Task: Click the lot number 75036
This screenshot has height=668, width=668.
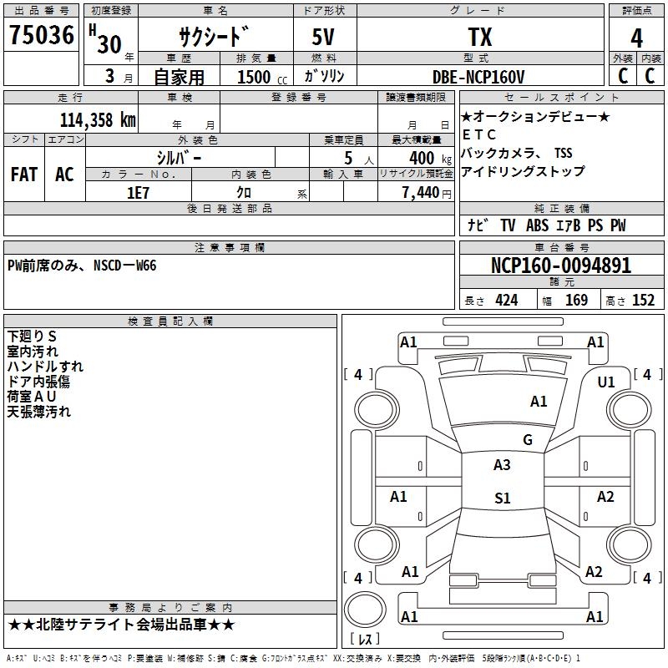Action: point(41,37)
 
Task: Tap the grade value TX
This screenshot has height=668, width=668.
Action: point(479,38)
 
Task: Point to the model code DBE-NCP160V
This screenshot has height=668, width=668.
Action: point(478,77)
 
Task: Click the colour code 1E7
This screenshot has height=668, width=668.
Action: point(138,192)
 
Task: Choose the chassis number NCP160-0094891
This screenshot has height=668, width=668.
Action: point(560,266)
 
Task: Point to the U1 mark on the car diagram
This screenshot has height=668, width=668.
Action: point(606,382)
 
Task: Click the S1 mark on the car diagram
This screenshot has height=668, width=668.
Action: point(502,498)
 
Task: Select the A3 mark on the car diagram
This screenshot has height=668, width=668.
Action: point(502,465)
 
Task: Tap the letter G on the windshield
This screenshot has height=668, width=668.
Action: point(527,439)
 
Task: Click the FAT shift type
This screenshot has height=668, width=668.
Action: point(24,175)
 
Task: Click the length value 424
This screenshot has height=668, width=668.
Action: point(506,301)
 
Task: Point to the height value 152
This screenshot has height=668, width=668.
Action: point(643,301)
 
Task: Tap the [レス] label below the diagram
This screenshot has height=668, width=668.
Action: point(365,640)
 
